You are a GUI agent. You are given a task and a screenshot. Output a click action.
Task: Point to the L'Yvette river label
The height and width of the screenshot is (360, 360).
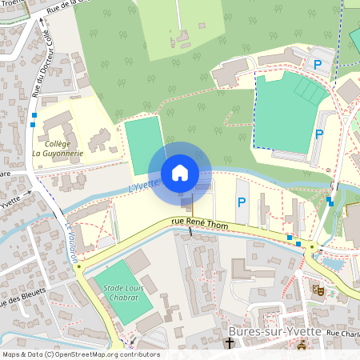(145, 184)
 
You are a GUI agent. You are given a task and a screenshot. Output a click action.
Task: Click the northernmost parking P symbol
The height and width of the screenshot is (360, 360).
(318, 64)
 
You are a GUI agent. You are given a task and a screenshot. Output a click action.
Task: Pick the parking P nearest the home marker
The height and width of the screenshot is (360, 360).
(241, 203)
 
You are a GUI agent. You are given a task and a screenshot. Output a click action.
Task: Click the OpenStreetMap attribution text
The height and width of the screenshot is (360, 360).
(80, 354)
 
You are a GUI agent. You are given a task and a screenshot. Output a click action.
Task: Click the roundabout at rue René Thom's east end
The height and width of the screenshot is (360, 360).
(311, 247)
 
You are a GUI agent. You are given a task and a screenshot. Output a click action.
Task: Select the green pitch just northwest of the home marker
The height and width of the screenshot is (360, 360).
(144, 144)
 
